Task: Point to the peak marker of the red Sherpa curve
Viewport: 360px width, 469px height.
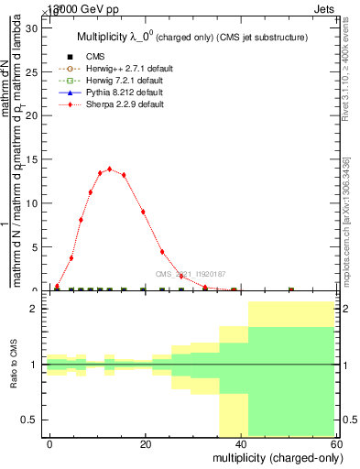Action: [110, 169]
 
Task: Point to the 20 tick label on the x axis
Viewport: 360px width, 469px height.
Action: [145, 443]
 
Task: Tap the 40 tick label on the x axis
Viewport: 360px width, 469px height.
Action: [240, 443]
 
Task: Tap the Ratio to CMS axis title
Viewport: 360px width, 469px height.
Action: [14, 365]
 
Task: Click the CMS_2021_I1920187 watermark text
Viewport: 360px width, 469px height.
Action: [189, 273]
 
